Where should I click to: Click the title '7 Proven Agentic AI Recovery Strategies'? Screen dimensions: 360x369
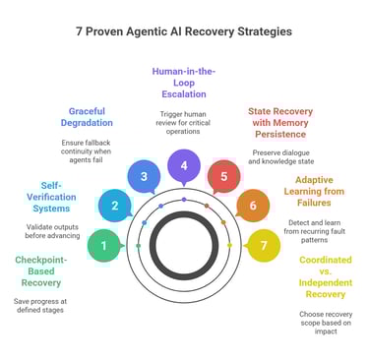(184, 30)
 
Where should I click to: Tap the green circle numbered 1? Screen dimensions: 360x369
(104, 244)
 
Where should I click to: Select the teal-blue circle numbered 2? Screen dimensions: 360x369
(114, 206)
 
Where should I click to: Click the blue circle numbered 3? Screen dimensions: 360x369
(144, 176)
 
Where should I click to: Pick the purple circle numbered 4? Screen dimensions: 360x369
(184, 165)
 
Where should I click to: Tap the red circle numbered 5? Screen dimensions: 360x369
(224, 176)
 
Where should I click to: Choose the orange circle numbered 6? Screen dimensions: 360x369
(253, 206)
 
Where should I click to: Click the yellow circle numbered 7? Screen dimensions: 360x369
(263, 244)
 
